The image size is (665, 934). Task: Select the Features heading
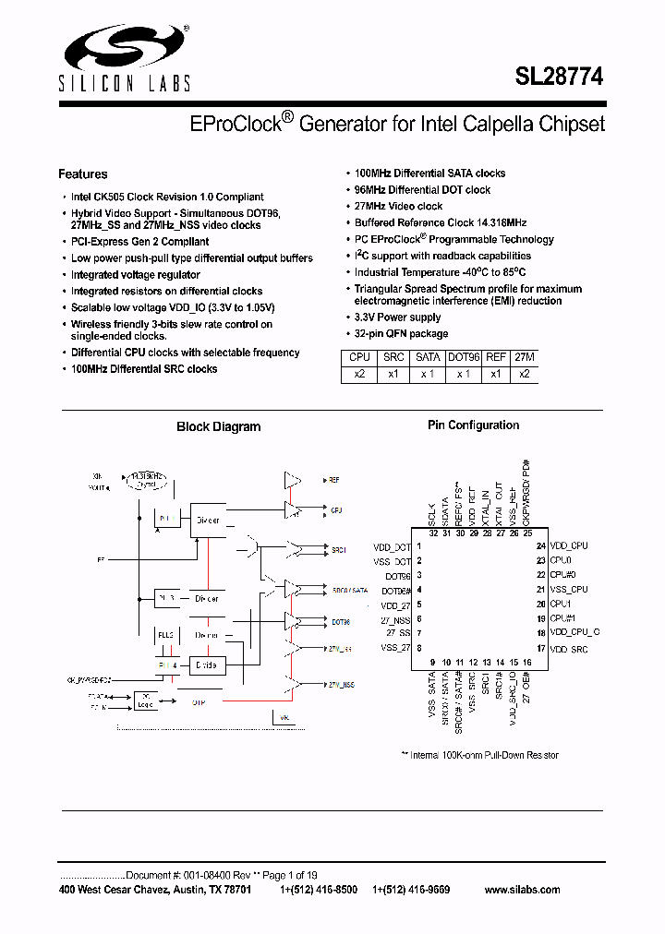(83, 174)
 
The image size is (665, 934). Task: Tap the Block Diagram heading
(218, 427)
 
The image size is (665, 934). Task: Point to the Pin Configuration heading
(473, 425)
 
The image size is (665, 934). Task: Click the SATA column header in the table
(428, 357)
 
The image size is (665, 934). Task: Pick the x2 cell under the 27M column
(524, 374)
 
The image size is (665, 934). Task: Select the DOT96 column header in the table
(464, 357)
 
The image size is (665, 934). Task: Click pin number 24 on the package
(541, 546)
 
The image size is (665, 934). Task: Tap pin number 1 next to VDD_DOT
(419, 546)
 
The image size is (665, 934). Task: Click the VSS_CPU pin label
(568, 590)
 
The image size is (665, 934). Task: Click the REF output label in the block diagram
(334, 480)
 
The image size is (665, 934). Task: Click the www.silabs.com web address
(522, 890)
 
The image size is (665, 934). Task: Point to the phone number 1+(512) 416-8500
(318, 890)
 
